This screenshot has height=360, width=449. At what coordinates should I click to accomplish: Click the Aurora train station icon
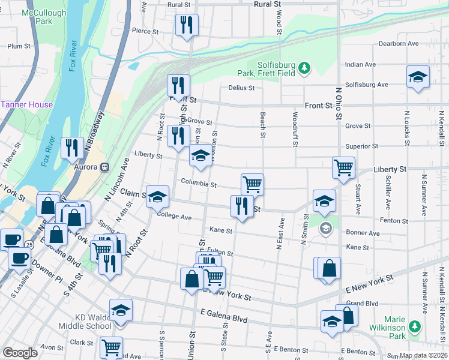[x=105, y=167]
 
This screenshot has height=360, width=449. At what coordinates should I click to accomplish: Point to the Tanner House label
[x=26, y=104]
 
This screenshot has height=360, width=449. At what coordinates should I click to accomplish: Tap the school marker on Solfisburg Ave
[x=418, y=77]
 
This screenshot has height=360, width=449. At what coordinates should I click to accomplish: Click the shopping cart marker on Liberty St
[x=343, y=167]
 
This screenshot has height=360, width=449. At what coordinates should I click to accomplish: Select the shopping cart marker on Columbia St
[x=252, y=184]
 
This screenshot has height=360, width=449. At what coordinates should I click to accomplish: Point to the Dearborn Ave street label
[x=399, y=44]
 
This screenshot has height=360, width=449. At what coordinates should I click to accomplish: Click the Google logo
[x=20, y=352]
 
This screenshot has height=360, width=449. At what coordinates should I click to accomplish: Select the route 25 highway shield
[x=29, y=244]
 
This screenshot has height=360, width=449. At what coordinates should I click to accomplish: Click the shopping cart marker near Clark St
[x=111, y=347]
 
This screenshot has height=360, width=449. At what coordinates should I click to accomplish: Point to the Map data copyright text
[x=423, y=355]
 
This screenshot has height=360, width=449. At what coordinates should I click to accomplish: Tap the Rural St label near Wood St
[x=267, y=4]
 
